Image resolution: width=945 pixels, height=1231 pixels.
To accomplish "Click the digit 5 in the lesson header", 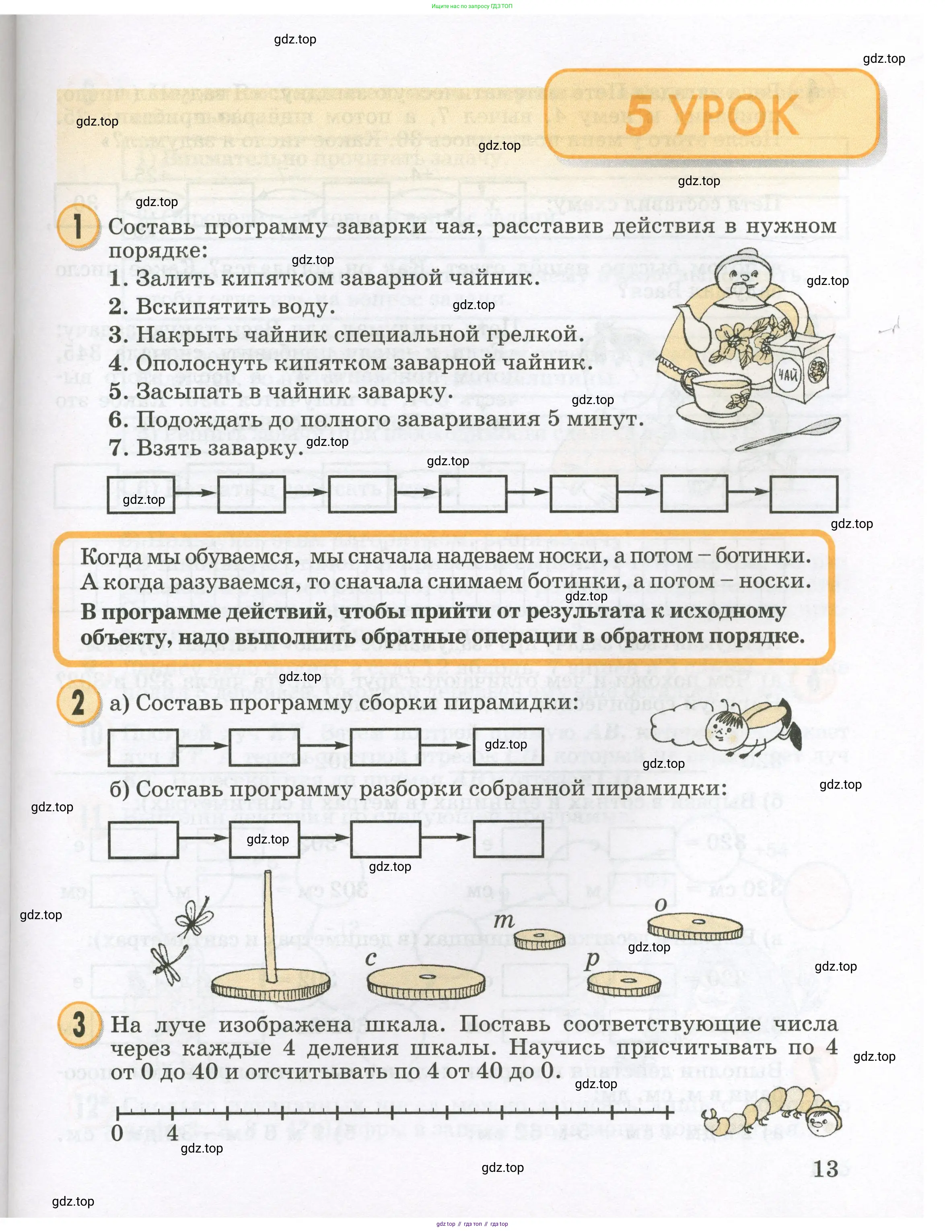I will pos(639,116).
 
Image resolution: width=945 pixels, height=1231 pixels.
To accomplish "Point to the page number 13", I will pos(825,1169).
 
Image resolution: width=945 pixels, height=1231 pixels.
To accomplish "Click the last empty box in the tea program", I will pos(803,494).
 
